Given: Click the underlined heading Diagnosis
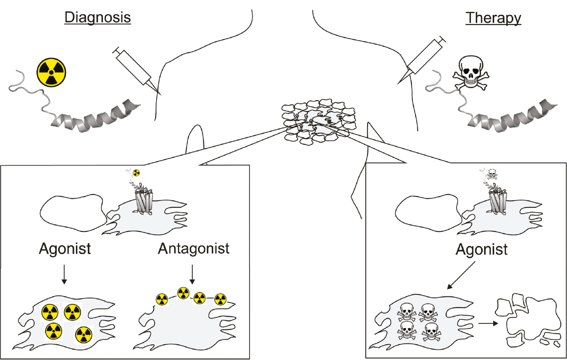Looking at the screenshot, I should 98,18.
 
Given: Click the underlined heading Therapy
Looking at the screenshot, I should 493,18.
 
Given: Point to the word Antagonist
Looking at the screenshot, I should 194,249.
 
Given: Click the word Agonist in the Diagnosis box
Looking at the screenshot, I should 65,249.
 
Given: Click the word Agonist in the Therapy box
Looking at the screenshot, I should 482,250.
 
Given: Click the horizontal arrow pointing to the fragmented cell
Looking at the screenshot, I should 487,324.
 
